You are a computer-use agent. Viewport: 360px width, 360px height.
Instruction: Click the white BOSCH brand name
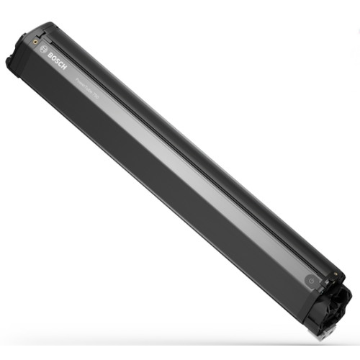tap(55, 61)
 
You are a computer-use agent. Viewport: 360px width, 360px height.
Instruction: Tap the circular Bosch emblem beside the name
tap(42, 50)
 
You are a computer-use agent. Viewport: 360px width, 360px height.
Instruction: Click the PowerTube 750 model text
tap(87, 86)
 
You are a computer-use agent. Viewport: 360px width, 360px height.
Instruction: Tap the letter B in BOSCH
tap(49, 55)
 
